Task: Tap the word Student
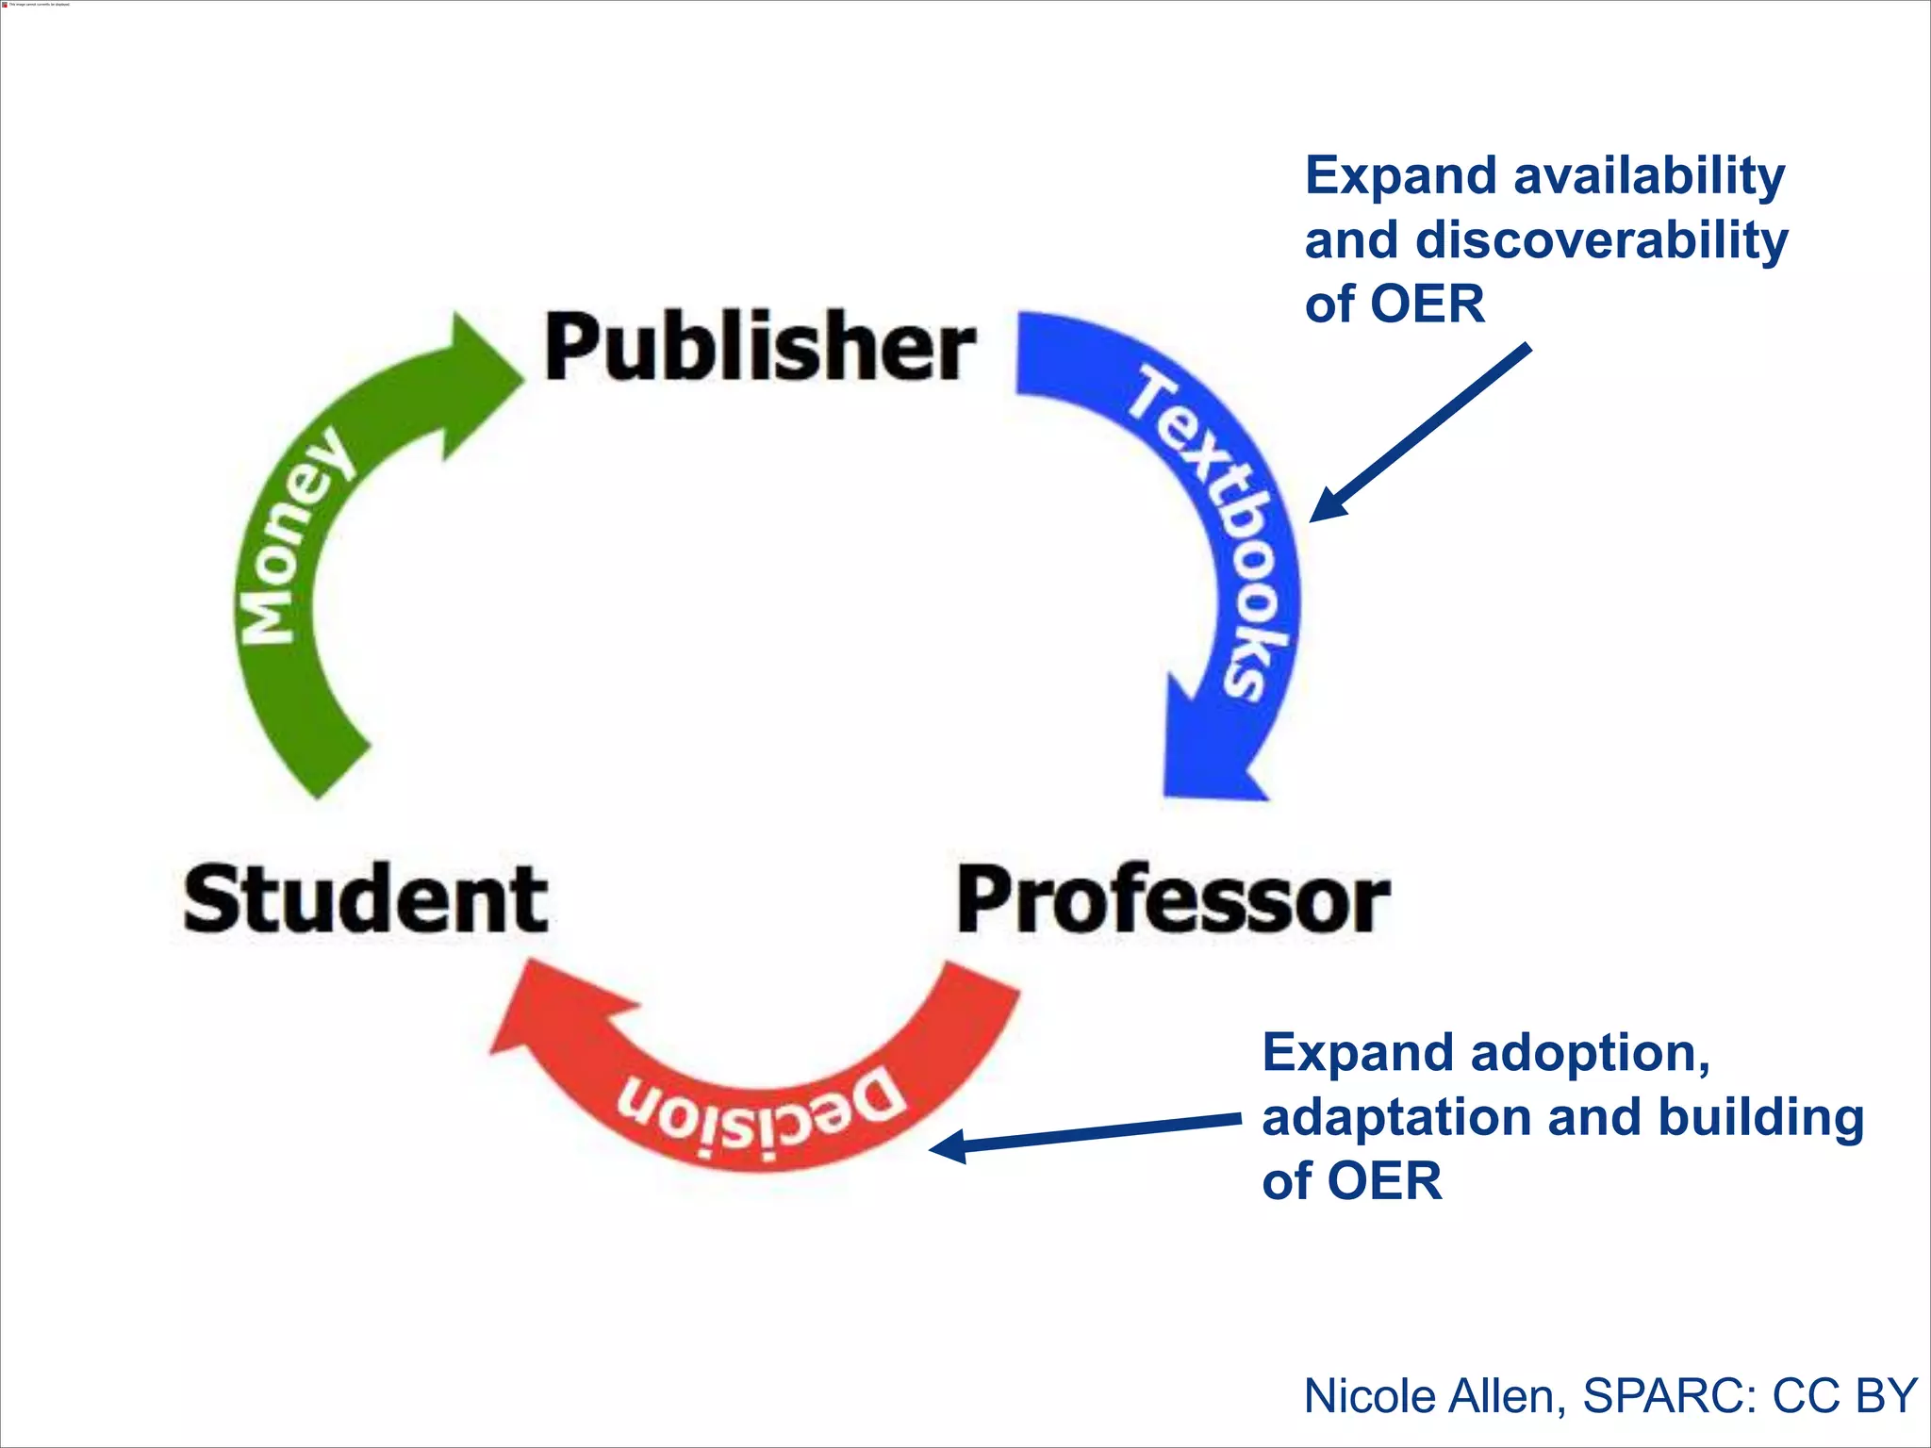pos(365,899)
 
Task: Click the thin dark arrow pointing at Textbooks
pos(1419,434)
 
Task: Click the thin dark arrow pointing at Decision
pos(1084,1133)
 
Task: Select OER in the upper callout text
pos(1427,305)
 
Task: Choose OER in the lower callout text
pos(1384,1182)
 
